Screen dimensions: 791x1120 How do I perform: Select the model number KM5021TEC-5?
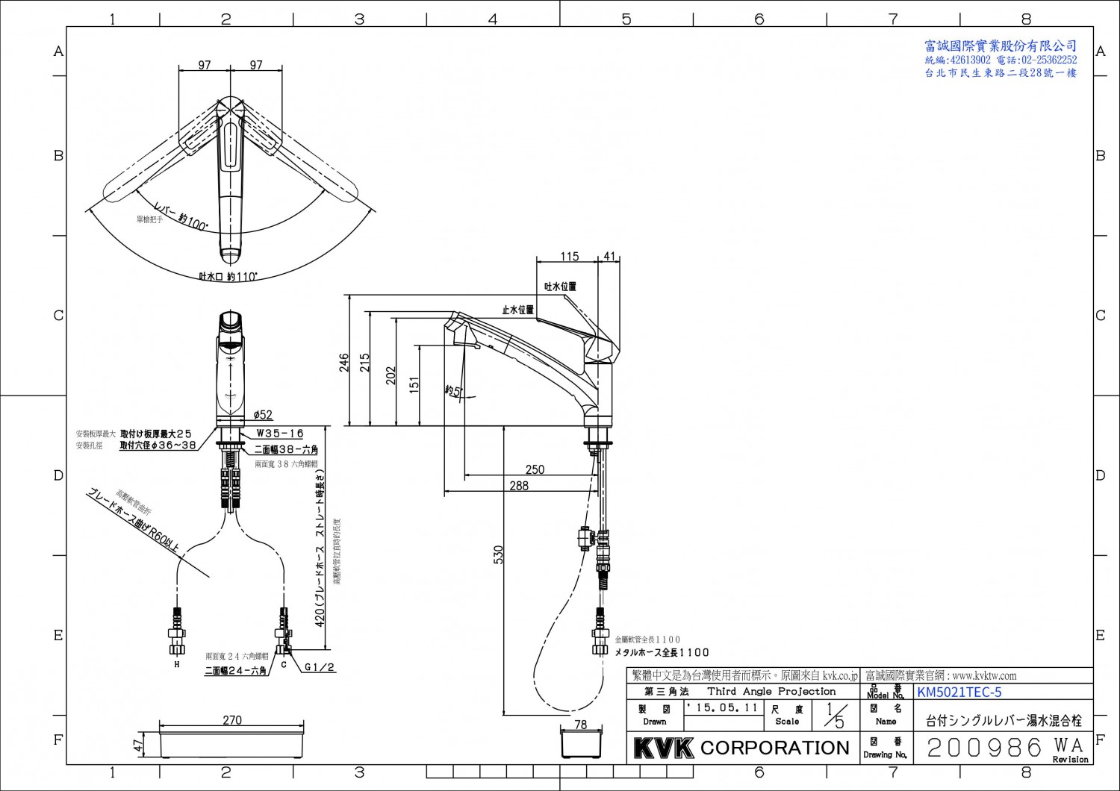(x=959, y=692)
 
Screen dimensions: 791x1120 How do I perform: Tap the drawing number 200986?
(x=984, y=747)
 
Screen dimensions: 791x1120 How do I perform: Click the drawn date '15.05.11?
(x=723, y=707)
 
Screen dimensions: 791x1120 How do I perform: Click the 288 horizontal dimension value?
(x=518, y=486)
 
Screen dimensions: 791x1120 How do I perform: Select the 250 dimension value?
(x=535, y=469)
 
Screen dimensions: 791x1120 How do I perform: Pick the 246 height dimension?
(x=344, y=362)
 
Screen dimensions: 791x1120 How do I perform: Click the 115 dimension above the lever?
(x=570, y=257)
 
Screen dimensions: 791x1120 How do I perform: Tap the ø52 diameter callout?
(x=263, y=415)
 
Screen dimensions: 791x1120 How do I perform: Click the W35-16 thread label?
(x=280, y=434)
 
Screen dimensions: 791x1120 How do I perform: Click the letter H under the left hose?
(x=177, y=664)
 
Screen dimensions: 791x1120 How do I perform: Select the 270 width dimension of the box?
(x=232, y=720)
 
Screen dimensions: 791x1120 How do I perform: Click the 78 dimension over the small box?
(x=581, y=725)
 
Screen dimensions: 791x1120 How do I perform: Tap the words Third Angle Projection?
(x=771, y=692)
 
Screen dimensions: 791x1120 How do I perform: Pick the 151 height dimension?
(x=414, y=384)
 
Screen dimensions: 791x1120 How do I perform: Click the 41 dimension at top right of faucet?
(x=609, y=257)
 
